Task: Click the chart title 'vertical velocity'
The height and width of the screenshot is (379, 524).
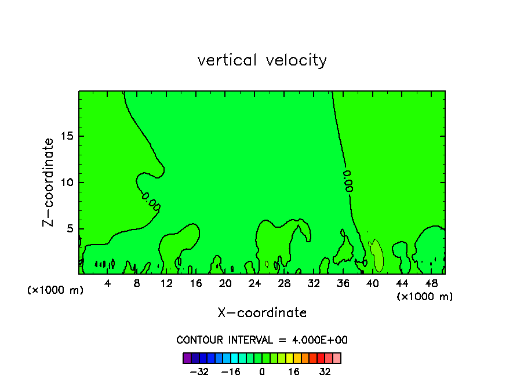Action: (262, 60)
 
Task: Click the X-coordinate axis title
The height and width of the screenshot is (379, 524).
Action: (262, 313)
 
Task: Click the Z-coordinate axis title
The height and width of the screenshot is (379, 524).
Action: (48, 182)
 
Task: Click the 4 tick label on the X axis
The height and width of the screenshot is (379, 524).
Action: (108, 283)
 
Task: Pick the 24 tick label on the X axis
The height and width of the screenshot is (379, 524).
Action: (254, 283)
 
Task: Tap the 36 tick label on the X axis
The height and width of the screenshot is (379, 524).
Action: (343, 283)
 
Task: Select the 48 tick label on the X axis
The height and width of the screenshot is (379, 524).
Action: (431, 283)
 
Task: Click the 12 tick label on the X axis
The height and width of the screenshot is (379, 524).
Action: (166, 283)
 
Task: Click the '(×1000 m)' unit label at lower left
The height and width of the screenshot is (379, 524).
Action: (56, 290)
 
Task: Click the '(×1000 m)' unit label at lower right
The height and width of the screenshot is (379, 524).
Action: (425, 297)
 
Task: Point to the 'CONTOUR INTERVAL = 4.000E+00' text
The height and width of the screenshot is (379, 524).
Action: (262, 340)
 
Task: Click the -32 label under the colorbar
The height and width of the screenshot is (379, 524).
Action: (200, 371)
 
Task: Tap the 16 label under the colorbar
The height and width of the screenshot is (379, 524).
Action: (294, 371)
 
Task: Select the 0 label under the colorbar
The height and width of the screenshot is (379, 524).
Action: (262, 371)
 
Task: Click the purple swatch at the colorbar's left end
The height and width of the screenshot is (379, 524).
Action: (187, 358)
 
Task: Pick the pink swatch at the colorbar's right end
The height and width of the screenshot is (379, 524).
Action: (337, 358)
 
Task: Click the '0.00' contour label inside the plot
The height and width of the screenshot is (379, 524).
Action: (348, 181)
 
